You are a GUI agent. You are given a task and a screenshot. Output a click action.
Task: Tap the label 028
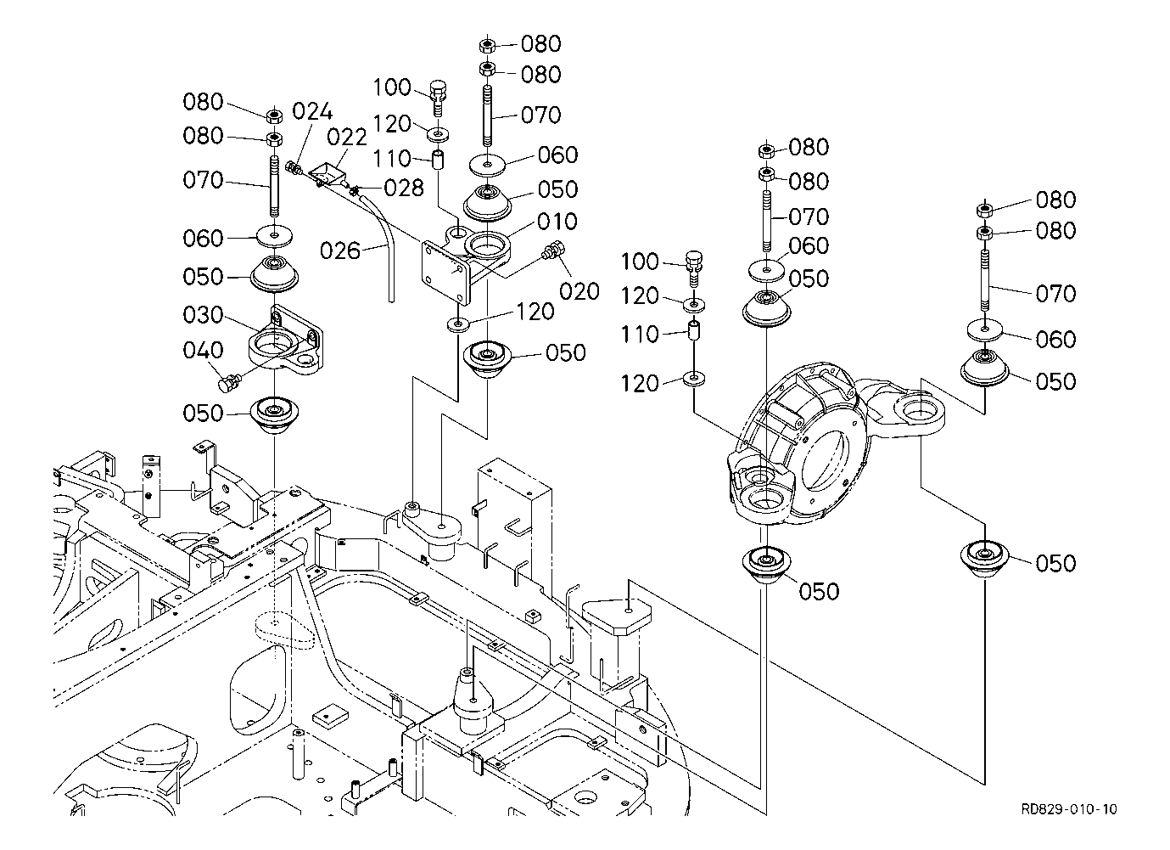(x=404, y=188)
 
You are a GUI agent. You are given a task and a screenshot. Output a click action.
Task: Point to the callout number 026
(x=339, y=251)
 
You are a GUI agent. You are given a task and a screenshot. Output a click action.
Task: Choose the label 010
(x=557, y=222)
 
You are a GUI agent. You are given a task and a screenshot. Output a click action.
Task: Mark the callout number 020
(x=579, y=291)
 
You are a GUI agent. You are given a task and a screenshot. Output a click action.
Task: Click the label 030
(x=203, y=315)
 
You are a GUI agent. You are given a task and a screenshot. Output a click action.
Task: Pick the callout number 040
(x=203, y=351)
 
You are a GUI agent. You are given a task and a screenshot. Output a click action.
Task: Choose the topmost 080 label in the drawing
(x=540, y=43)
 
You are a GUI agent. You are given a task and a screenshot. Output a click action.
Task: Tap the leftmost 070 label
(x=203, y=180)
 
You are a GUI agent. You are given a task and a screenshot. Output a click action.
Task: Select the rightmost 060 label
(x=1055, y=340)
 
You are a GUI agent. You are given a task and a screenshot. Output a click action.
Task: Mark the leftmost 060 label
(x=203, y=238)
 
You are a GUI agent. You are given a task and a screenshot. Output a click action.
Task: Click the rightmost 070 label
(x=1055, y=294)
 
